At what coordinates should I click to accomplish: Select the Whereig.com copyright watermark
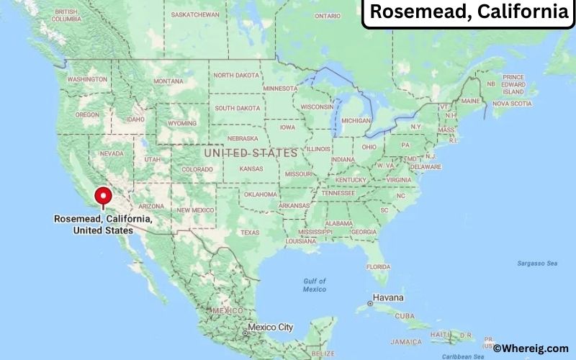(x=532, y=348)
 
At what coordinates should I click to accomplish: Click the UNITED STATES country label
(x=251, y=153)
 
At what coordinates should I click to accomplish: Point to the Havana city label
(x=388, y=298)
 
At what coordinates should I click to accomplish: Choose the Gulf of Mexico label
(x=314, y=284)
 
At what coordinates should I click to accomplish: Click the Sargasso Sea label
(x=537, y=264)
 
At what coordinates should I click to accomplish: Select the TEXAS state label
(x=250, y=233)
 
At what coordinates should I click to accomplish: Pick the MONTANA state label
(x=168, y=81)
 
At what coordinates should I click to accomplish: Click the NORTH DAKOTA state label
(x=237, y=75)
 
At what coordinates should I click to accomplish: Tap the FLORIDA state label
(x=378, y=266)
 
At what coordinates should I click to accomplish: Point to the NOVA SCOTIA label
(x=512, y=104)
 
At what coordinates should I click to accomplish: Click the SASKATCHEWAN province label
(x=196, y=14)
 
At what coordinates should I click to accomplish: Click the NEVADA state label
(x=112, y=153)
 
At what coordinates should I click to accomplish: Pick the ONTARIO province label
(x=327, y=15)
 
